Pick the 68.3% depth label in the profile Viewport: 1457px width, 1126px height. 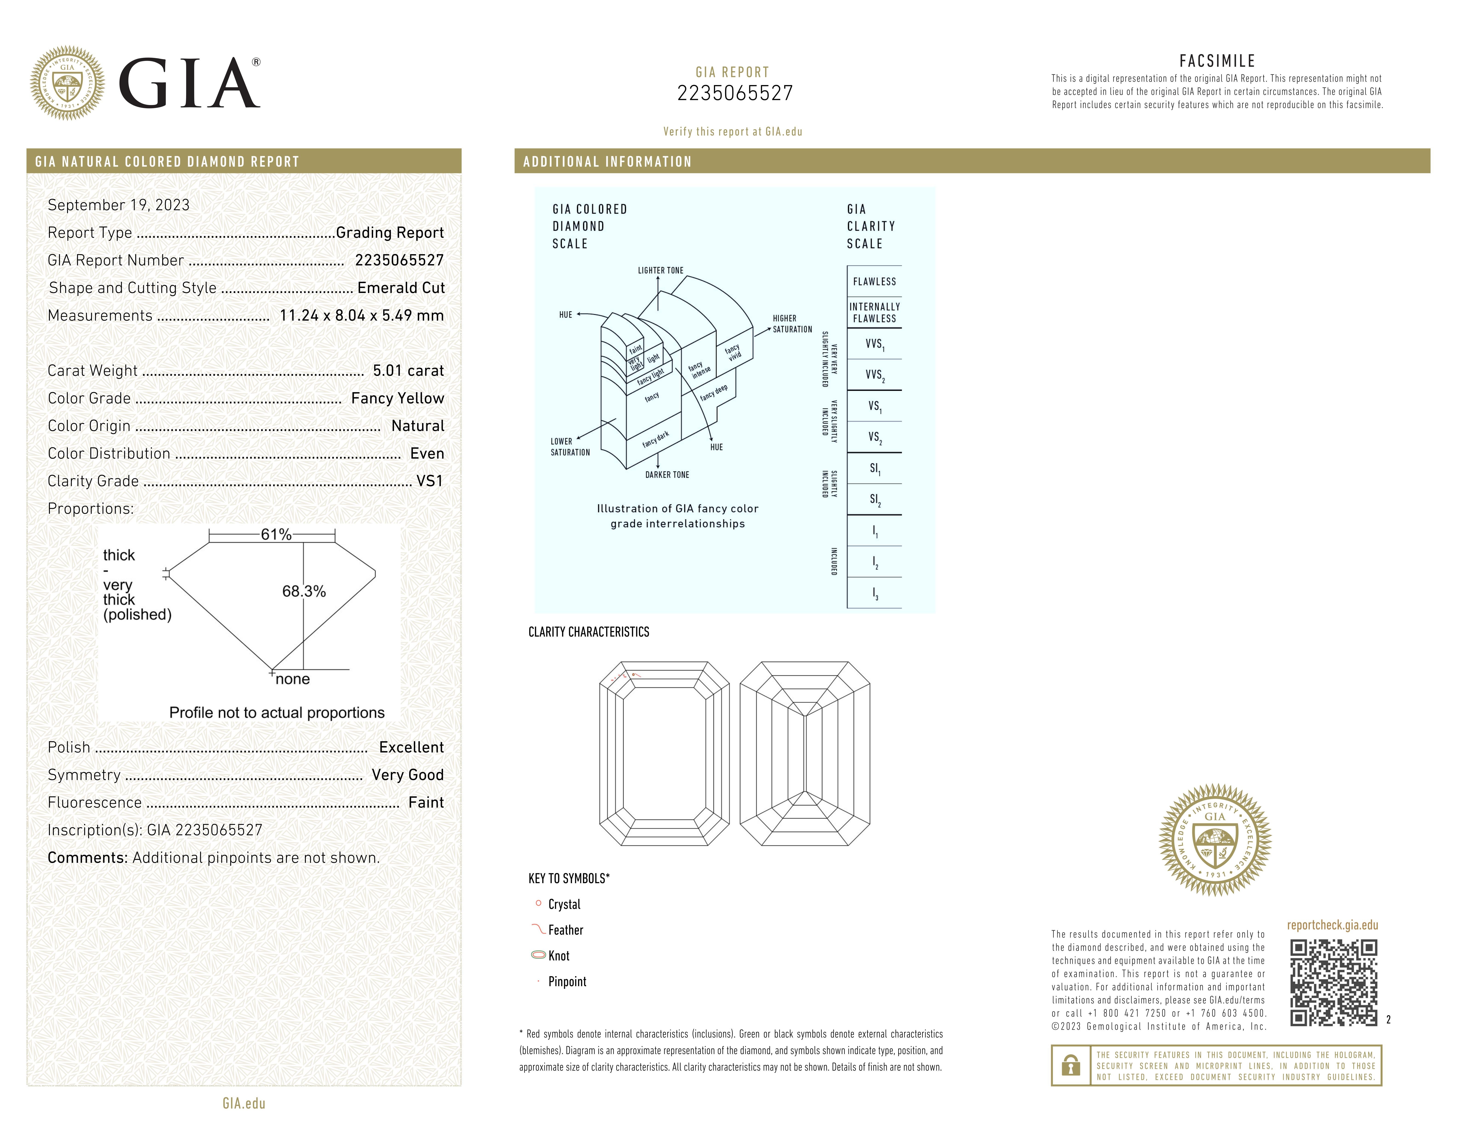pos(304,591)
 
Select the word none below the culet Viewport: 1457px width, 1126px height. pos(293,679)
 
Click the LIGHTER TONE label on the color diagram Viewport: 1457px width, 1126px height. pos(660,270)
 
